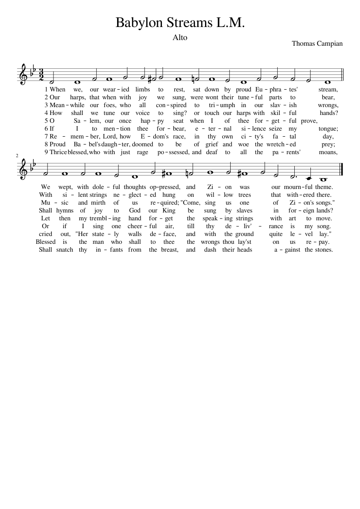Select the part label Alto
click(180, 37)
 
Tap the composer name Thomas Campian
click(317, 44)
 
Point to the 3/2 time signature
click(42, 74)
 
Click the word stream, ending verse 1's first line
click(328, 89)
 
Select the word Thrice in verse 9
click(58, 152)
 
